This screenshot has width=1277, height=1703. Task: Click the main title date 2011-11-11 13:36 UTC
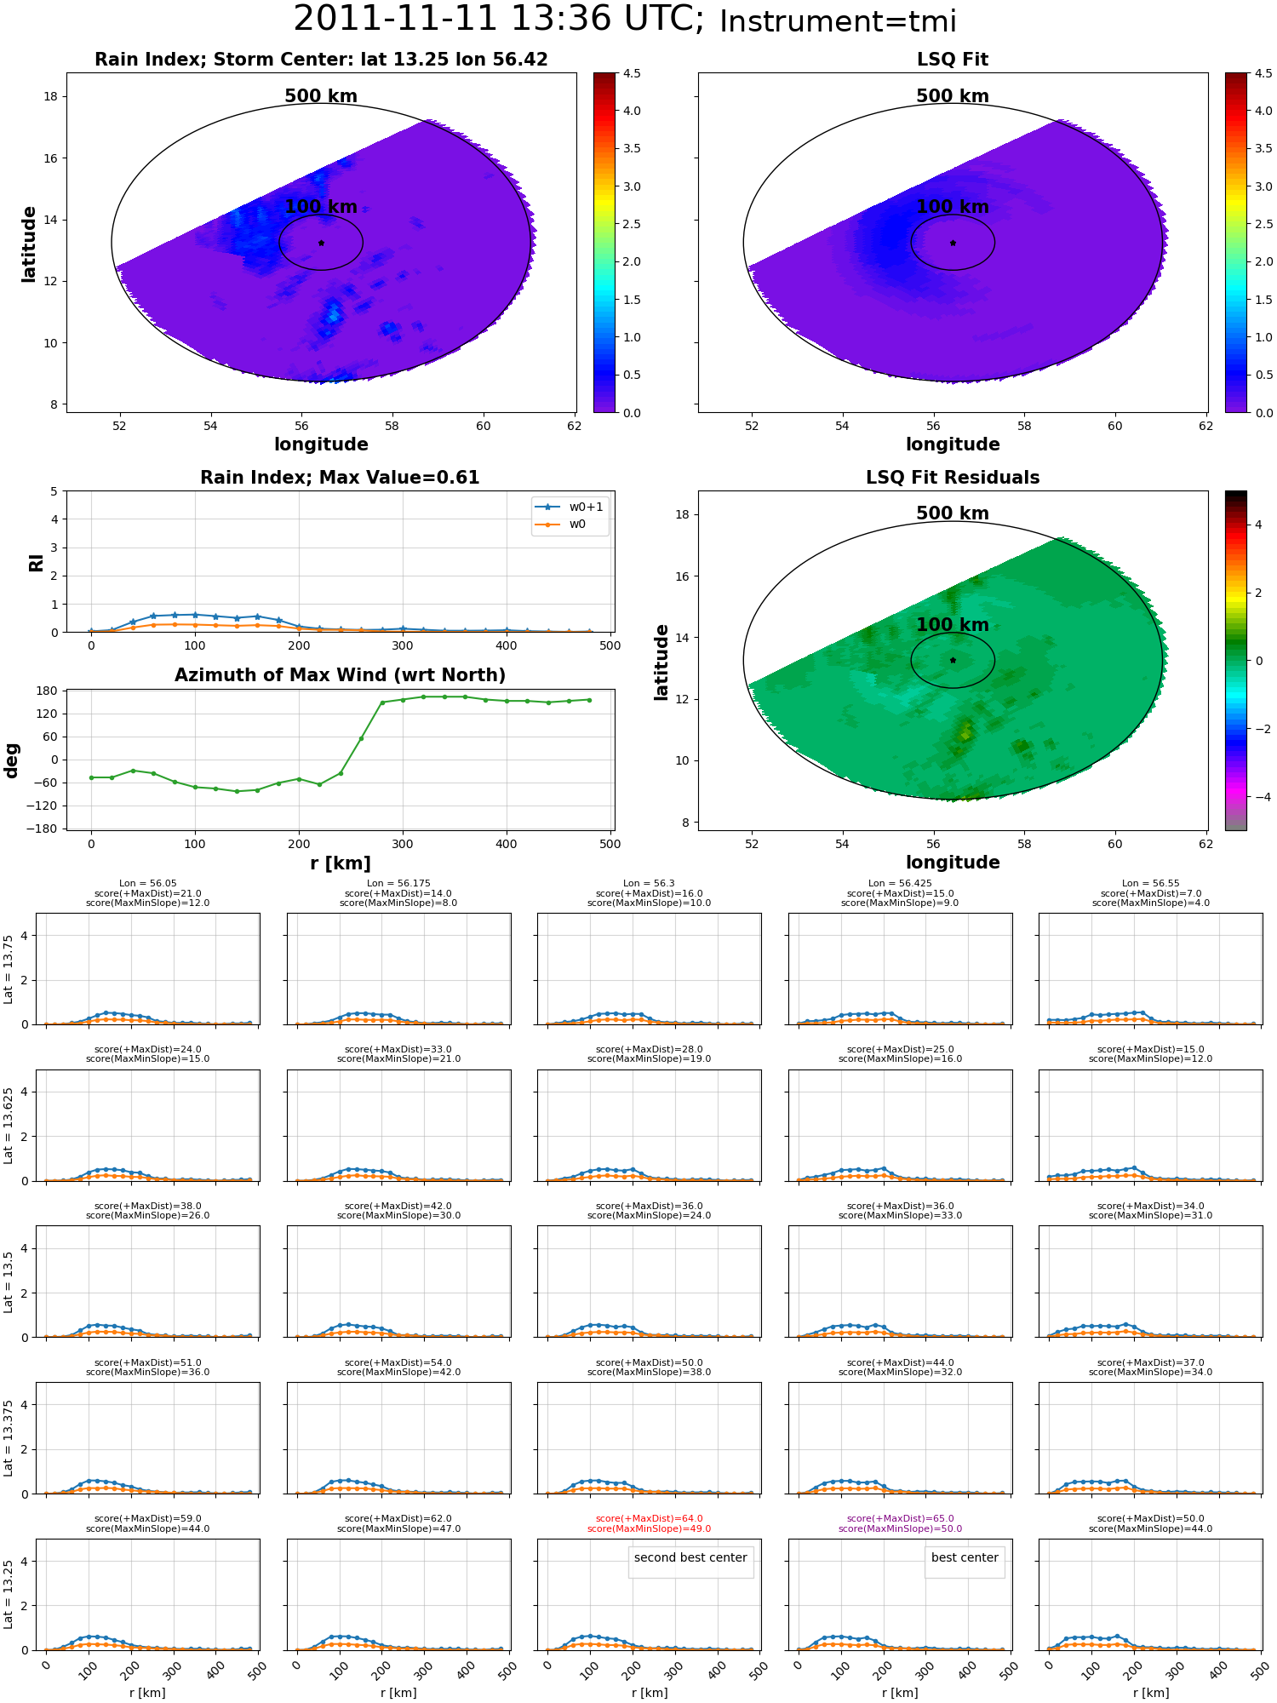[498, 19]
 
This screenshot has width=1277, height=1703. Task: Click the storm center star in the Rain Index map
[321, 243]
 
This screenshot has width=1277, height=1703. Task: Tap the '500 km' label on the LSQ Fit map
[953, 96]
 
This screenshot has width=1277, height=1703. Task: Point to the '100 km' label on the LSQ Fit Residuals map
[953, 625]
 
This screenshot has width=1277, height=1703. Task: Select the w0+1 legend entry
[570, 507]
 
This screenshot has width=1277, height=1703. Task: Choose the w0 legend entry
[561, 525]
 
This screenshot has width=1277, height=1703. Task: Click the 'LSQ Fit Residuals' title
[953, 478]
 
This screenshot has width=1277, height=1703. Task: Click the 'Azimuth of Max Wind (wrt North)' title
[340, 675]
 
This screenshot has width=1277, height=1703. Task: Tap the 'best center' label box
[965, 1557]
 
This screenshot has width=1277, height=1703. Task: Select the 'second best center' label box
[690, 1557]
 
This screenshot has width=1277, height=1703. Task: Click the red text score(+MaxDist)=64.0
[650, 1519]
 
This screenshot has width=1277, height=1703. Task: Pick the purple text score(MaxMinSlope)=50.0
[900, 1529]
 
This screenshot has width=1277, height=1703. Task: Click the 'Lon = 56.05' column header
[147, 884]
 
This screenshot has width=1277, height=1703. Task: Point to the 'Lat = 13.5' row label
[9, 1282]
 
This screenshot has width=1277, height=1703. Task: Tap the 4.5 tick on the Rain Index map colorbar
[631, 73]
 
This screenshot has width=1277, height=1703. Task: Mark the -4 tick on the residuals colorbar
[1258, 797]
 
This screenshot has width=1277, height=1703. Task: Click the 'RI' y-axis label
[36, 563]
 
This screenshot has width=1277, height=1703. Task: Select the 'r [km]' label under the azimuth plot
[340, 863]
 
